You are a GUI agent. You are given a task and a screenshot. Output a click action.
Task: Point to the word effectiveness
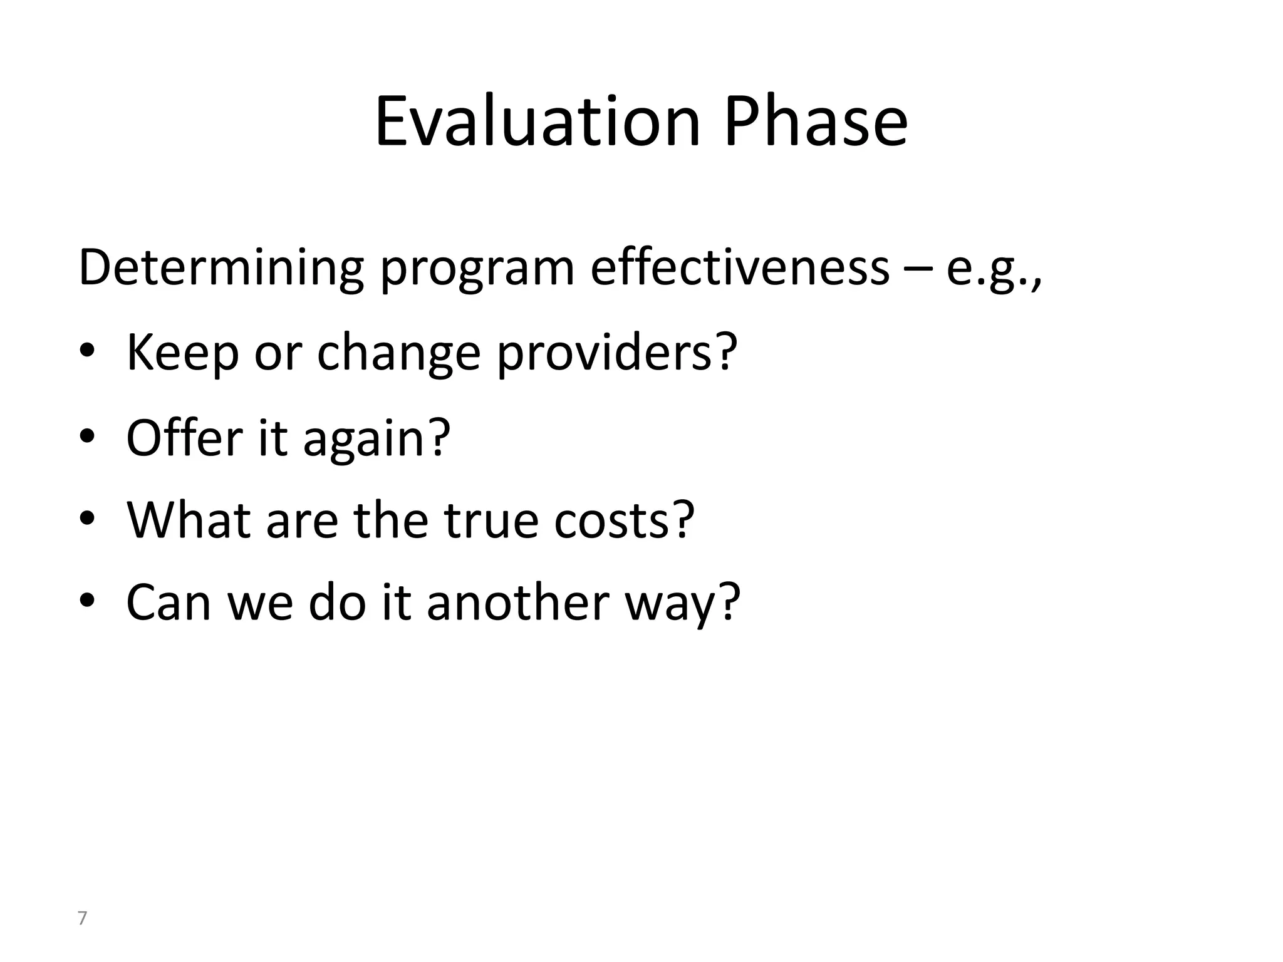[x=740, y=268]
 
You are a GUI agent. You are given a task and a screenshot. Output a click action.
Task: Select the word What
[x=189, y=520]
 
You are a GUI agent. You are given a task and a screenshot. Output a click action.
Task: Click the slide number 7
[x=81, y=919]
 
